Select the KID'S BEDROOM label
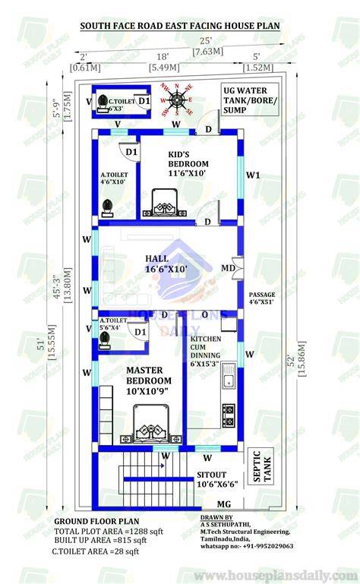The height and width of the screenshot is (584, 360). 188,164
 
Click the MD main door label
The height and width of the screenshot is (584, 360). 227,267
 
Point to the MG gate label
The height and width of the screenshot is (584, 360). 224,504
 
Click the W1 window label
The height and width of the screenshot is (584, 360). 253,175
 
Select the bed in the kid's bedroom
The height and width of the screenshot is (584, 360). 167,202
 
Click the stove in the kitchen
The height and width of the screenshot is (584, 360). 228,415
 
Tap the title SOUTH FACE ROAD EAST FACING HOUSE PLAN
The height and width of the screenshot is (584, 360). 180,27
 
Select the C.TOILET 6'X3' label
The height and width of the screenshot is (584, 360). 121,105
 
